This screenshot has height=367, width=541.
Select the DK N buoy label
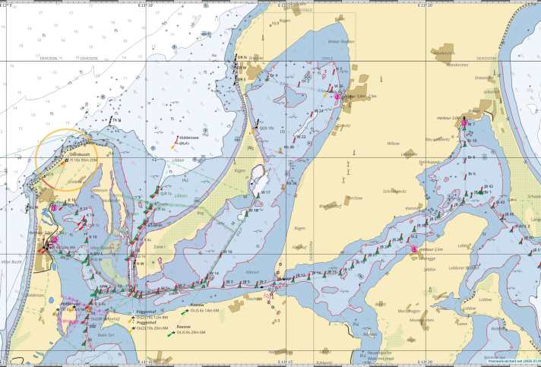240,57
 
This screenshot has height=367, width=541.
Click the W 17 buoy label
267,193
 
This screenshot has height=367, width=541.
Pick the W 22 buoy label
302,136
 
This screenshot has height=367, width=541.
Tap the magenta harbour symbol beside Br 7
464,123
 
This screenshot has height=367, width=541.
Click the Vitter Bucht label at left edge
10,261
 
